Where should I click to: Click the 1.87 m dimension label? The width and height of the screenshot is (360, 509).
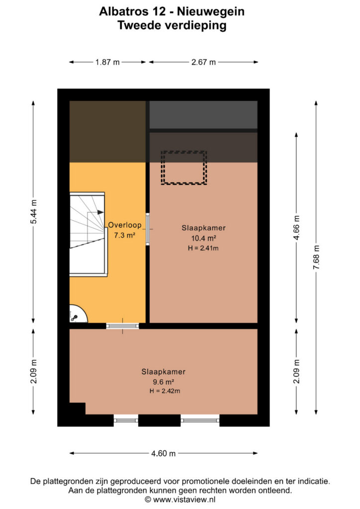[107, 62]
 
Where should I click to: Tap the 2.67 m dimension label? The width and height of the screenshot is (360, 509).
[203, 62]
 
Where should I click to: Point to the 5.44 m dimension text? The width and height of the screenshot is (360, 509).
[33, 212]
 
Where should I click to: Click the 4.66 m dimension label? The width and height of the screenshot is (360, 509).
[296, 227]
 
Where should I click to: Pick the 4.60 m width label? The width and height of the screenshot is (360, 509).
[163, 453]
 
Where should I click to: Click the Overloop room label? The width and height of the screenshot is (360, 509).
[125, 225]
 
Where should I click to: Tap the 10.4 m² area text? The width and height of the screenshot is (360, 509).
[203, 238]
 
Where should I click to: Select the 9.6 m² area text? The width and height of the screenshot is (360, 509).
[163, 382]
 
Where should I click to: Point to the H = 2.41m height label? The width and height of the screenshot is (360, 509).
[203, 249]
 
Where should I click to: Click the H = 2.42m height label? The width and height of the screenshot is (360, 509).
[165, 391]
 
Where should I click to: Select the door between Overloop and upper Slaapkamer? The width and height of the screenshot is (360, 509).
[147, 229]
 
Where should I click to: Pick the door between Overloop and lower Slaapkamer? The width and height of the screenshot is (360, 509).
[122, 326]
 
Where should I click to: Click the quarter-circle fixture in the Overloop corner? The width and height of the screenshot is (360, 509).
[78, 314]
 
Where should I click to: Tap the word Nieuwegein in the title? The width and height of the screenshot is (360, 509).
[211, 11]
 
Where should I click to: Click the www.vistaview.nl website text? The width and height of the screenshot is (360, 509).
[184, 500]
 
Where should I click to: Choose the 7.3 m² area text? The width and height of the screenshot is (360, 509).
[125, 235]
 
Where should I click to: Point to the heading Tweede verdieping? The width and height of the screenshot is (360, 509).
[172, 25]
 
